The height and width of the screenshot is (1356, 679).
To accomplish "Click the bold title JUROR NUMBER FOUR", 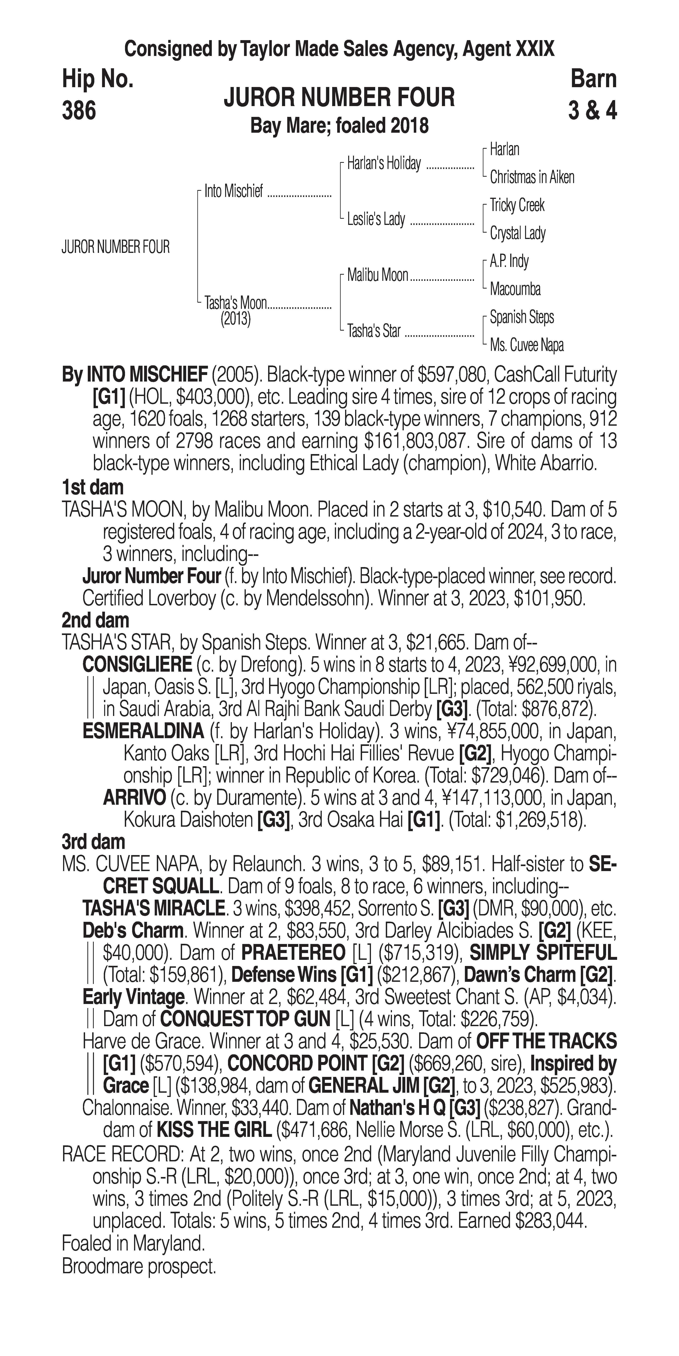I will [339, 98].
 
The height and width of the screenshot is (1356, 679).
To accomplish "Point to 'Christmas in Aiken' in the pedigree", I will [532, 177].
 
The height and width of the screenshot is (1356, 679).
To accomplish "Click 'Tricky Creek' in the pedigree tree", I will [517, 205].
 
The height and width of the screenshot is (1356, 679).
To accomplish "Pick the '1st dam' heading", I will [93, 487].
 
